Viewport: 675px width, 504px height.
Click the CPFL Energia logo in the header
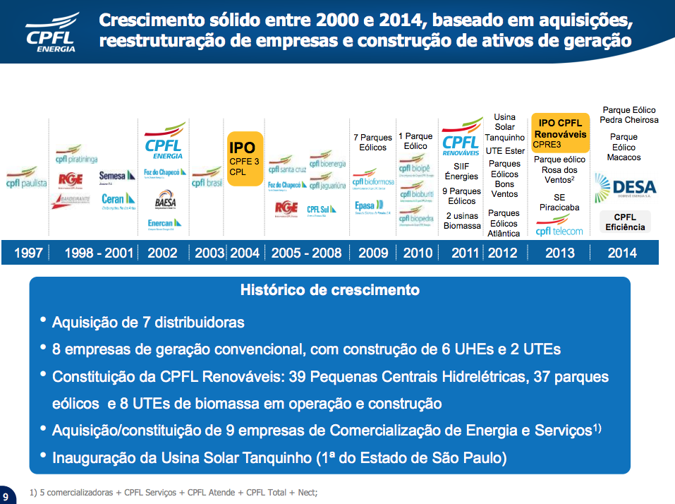point(50,32)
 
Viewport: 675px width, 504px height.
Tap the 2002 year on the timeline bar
point(162,253)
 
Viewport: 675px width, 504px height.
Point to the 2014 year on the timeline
point(621,253)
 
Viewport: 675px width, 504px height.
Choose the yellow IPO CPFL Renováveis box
point(560,133)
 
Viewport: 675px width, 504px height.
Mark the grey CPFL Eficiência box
point(625,222)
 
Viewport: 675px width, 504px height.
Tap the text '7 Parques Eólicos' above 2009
point(373,142)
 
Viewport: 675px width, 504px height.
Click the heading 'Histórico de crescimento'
point(329,290)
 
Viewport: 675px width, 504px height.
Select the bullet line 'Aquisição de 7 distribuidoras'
point(148,323)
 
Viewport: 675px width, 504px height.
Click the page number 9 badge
point(6,496)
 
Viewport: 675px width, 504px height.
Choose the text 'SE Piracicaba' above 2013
point(560,202)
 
